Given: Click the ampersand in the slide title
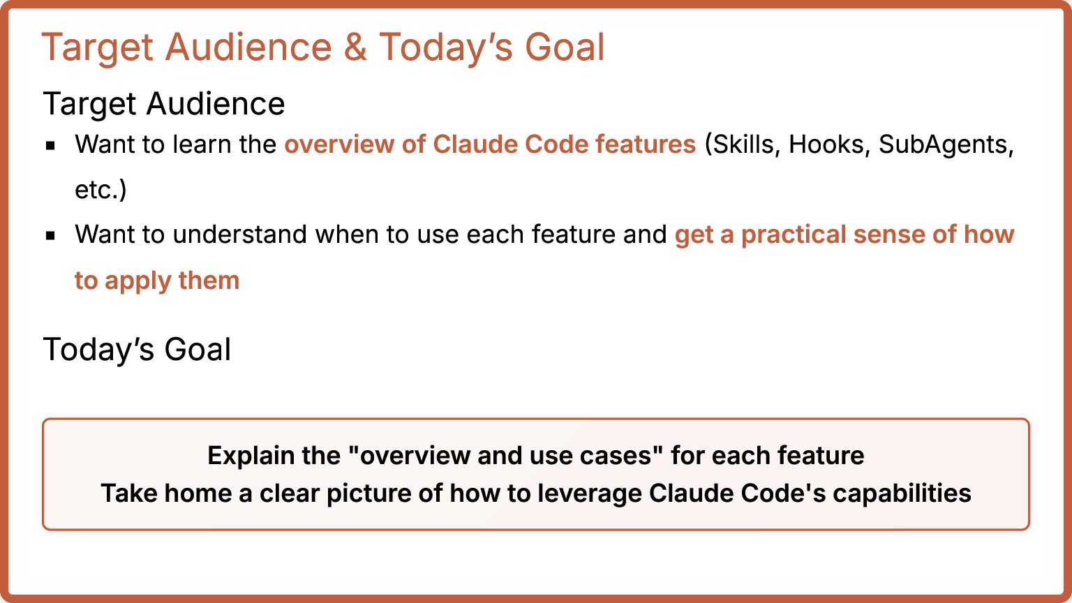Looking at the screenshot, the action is [x=355, y=47].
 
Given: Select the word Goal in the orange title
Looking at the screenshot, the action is [x=565, y=47].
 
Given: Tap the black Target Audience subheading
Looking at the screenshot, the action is [x=164, y=104].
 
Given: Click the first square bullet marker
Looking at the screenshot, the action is [x=50, y=145].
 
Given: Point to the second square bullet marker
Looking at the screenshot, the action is [x=50, y=235].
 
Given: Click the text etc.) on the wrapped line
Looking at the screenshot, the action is [x=100, y=190].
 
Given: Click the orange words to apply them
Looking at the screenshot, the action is [x=157, y=281].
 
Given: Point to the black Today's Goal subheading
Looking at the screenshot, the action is [x=137, y=349].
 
